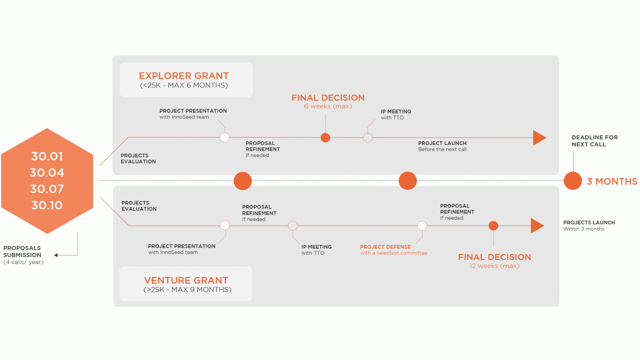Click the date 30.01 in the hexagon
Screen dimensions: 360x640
coord(47,156)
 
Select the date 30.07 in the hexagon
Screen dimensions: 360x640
coord(47,189)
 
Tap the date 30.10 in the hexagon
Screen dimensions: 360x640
coord(47,205)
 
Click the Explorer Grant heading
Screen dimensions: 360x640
coord(184,76)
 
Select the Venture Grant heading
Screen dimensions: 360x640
coord(186,280)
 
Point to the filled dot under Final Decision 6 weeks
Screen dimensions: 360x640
coord(325,137)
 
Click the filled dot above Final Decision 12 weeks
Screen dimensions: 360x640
coord(493,226)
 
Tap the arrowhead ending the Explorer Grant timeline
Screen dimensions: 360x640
coord(539,137)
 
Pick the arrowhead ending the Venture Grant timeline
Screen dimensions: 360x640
coord(537,226)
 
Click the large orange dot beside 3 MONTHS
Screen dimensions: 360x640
coord(573,181)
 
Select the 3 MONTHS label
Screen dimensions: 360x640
coord(612,182)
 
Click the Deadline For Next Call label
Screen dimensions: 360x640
coord(595,141)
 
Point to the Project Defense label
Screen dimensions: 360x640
coord(385,247)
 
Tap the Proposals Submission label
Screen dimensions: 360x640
coord(22,251)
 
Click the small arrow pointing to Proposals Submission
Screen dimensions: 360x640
coord(56,255)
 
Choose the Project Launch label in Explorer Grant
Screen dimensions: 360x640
coord(442,143)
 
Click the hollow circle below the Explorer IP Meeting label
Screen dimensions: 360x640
coord(367,137)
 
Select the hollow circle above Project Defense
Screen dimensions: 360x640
coord(422,226)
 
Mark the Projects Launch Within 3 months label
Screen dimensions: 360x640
coord(589,225)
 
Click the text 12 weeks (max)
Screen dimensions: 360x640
coord(494,266)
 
